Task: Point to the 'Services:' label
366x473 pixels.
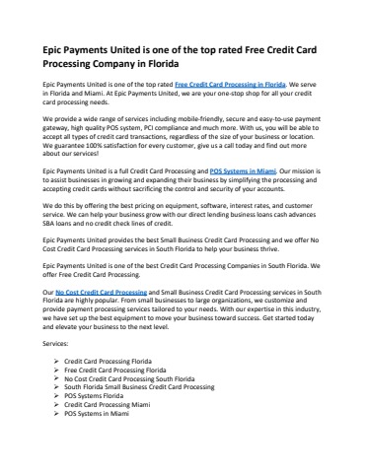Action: click(56, 347)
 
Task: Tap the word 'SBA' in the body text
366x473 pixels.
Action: click(49, 225)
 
